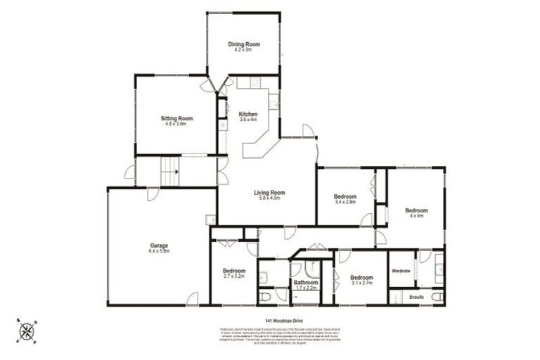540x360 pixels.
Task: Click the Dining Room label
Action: pos(244,44)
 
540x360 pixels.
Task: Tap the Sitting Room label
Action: pos(176,118)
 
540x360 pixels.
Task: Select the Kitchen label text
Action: pos(248,114)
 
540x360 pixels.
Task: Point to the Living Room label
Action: pos(269,192)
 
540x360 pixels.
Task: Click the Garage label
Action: pos(158,245)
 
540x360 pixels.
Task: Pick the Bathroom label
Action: pos(307,282)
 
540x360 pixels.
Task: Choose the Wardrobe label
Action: pos(401,271)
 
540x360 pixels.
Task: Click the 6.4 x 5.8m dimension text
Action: pos(158,251)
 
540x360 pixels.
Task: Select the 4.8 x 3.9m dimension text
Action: pos(176,124)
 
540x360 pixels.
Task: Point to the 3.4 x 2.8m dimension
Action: pos(345,202)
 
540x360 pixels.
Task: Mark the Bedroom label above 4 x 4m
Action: pos(416,210)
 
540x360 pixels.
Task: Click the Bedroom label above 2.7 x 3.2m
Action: pos(234,271)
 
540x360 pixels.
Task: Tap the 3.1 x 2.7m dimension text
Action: pos(361,283)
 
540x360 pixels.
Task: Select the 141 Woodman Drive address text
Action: pos(269,321)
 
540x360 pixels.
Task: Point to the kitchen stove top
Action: pos(222,126)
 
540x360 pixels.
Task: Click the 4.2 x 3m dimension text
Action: pos(244,50)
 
